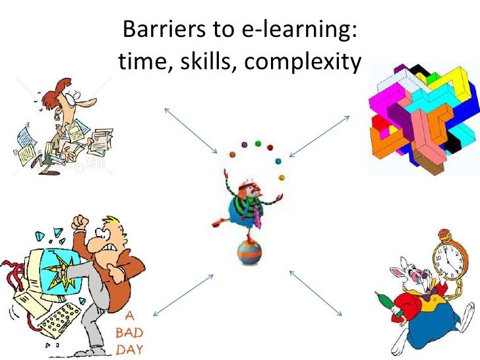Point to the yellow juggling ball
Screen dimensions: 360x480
[282, 177]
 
